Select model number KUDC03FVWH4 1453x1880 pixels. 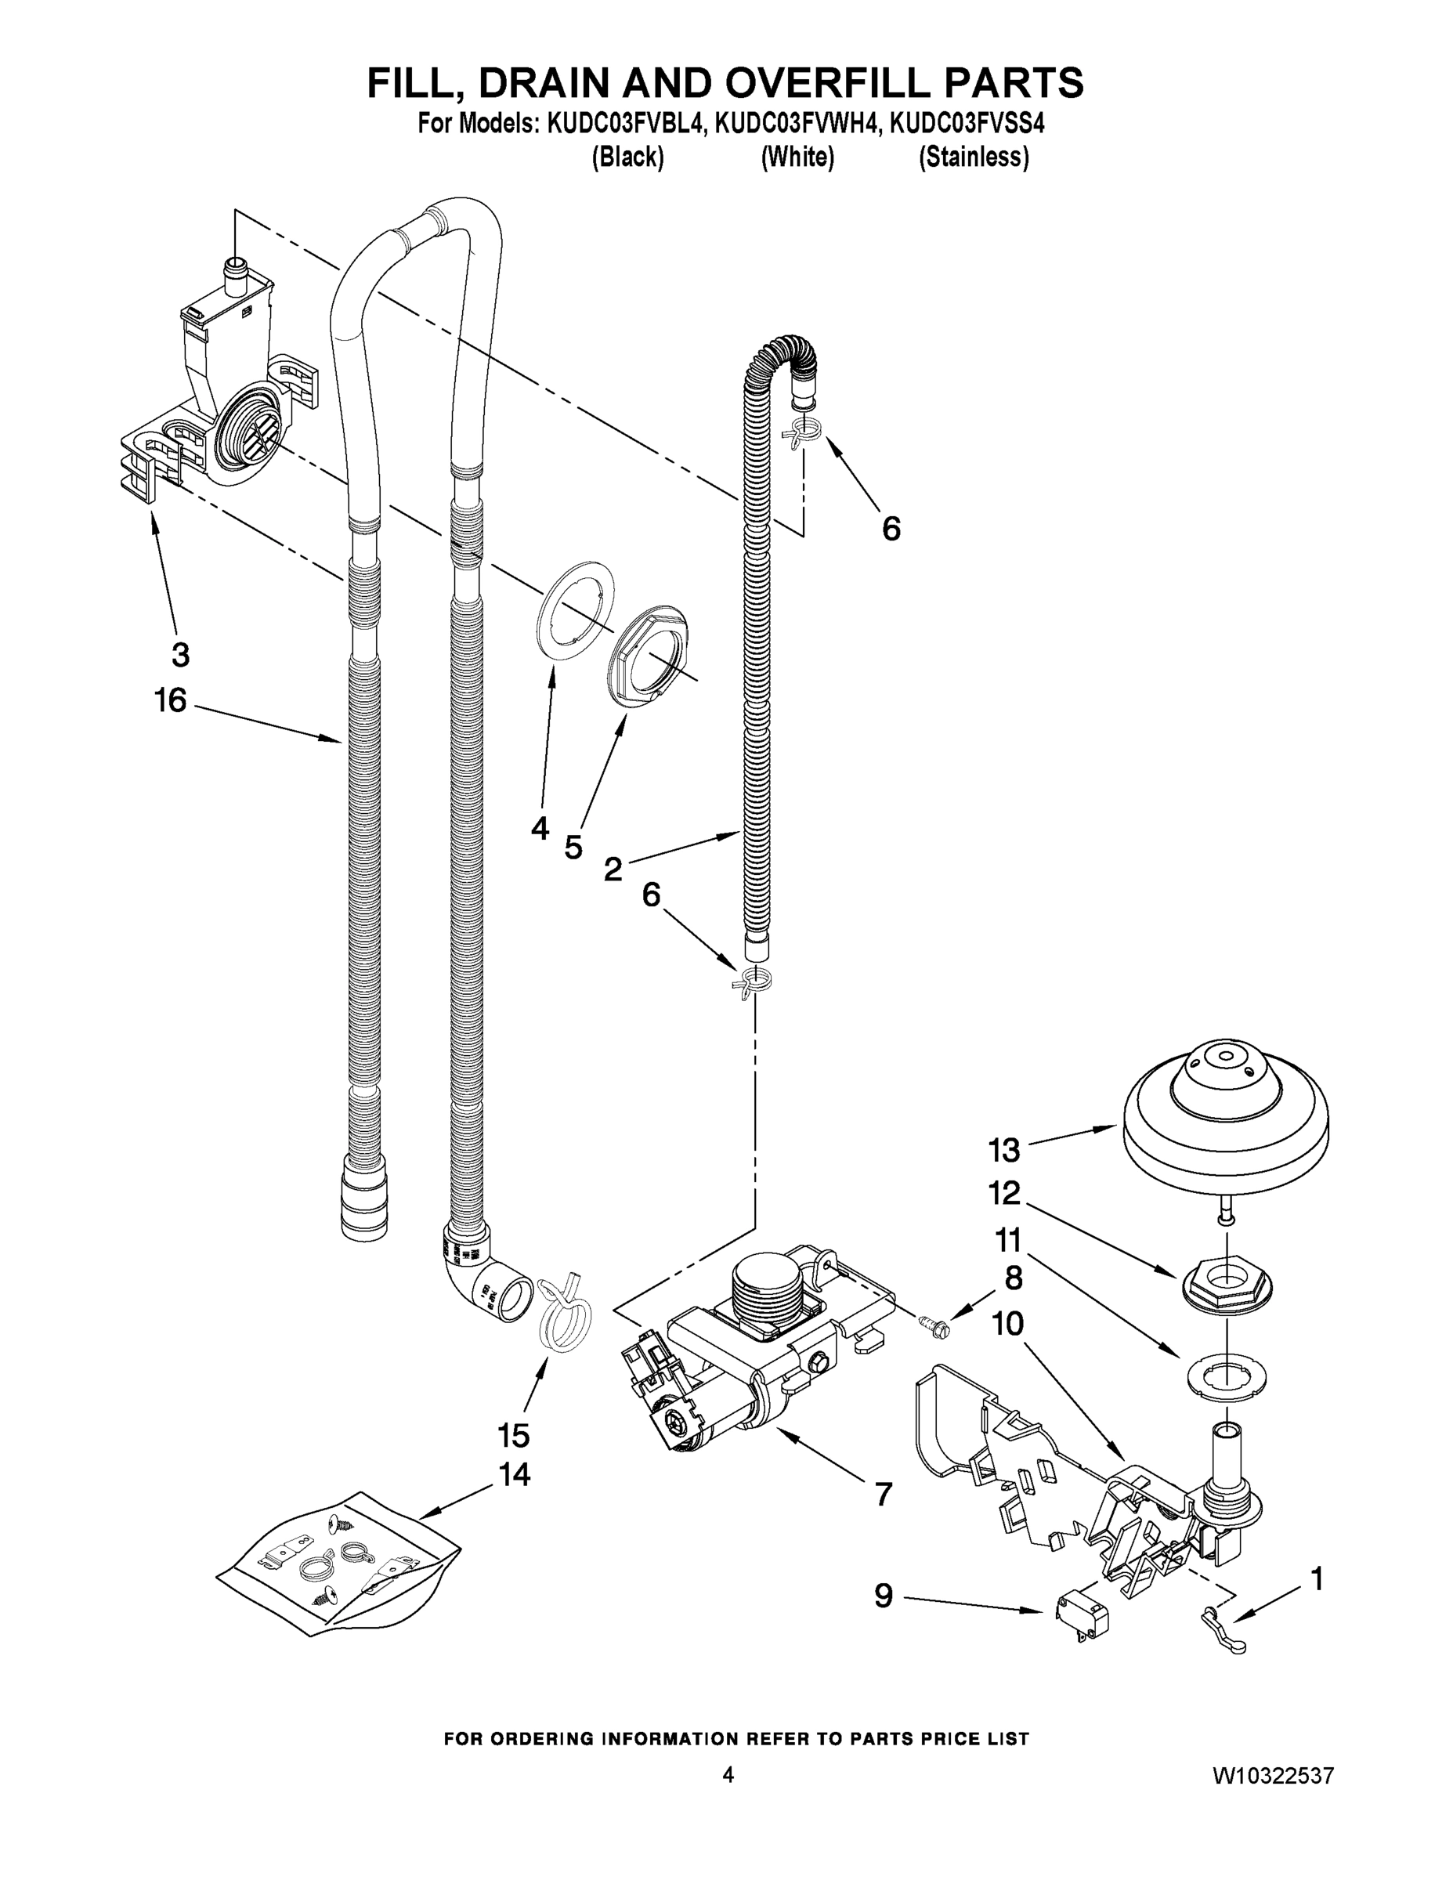(x=799, y=124)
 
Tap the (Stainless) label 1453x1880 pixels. (x=974, y=157)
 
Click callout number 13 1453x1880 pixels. (x=1003, y=1149)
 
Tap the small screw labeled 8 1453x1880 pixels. (x=932, y=1325)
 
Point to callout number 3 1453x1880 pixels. (x=180, y=655)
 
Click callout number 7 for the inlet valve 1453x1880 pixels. (x=884, y=1495)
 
